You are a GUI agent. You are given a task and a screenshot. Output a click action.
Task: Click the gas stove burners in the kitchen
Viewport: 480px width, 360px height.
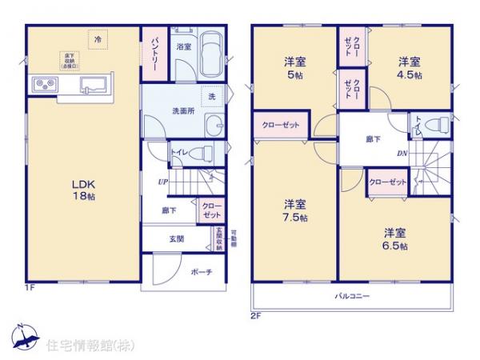click(45, 84)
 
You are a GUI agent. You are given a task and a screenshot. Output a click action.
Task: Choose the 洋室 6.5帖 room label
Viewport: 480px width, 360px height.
click(394, 239)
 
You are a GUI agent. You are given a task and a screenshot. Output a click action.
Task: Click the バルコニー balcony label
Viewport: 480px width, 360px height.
click(352, 297)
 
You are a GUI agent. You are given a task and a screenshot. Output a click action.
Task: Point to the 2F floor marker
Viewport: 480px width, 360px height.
click(255, 314)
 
